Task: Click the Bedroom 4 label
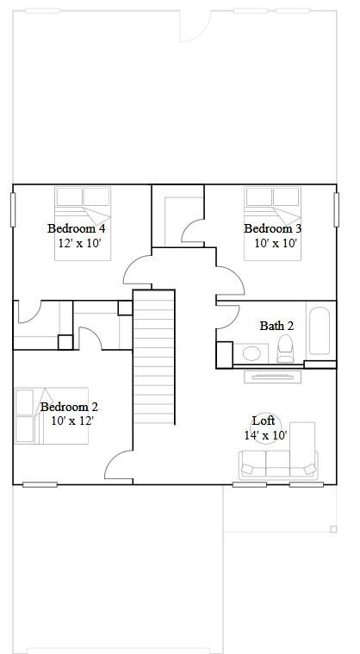click(77, 228)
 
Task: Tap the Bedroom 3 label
click(272, 228)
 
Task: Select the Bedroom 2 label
click(69, 407)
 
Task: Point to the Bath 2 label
click(276, 326)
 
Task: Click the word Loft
click(264, 420)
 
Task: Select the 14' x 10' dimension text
click(265, 435)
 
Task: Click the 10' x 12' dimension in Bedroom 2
click(71, 421)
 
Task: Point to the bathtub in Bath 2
click(319, 331)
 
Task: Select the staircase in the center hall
click(153, 355)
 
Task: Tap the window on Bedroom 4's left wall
click(13, 209)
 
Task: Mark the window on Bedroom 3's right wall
click(336, 209)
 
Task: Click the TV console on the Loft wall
click(273, 376)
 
